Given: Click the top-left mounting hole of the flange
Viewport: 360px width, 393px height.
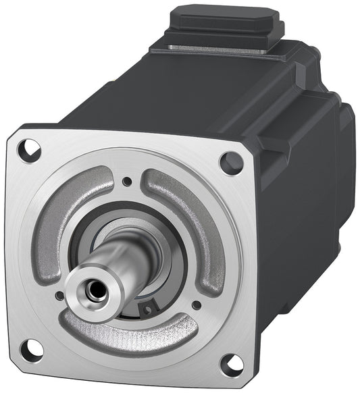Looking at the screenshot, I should pos(27,149).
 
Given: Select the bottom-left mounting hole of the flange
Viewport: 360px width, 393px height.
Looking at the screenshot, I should pos(30,350).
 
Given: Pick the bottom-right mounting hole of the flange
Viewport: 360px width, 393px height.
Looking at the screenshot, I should pos(232,363).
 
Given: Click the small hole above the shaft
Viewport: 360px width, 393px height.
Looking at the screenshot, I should pos(126,181).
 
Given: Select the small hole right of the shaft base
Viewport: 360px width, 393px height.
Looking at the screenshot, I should pos(196,305).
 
